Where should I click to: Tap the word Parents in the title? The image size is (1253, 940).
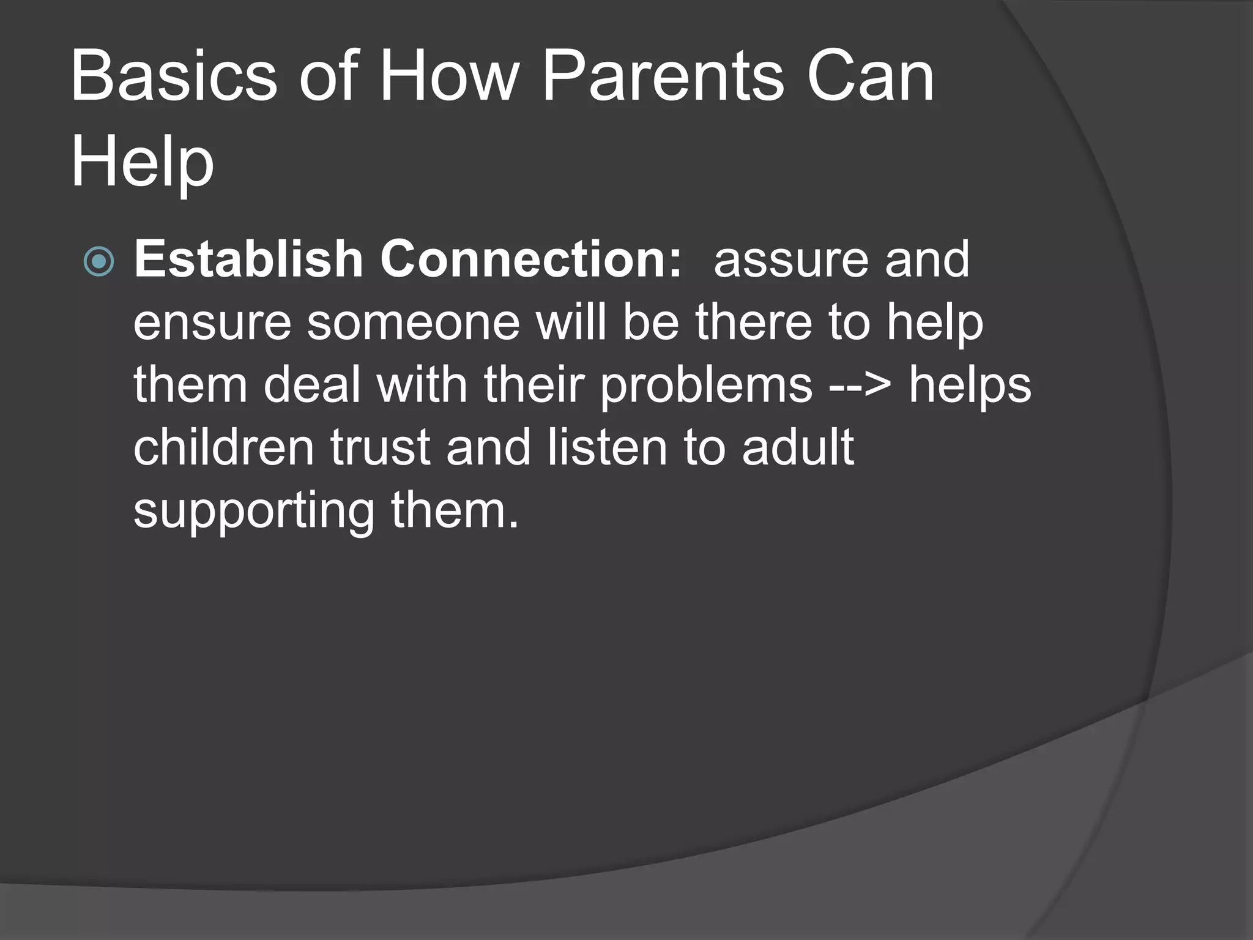point(662,78)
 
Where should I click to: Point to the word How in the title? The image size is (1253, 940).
point(449,78)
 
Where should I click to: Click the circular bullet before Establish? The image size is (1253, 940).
point(99,262)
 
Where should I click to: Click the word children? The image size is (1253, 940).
point(223,448)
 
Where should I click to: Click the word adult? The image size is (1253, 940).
point(797,448)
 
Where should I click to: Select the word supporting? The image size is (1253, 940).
point(253,512)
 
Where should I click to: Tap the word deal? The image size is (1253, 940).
point(311,386)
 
